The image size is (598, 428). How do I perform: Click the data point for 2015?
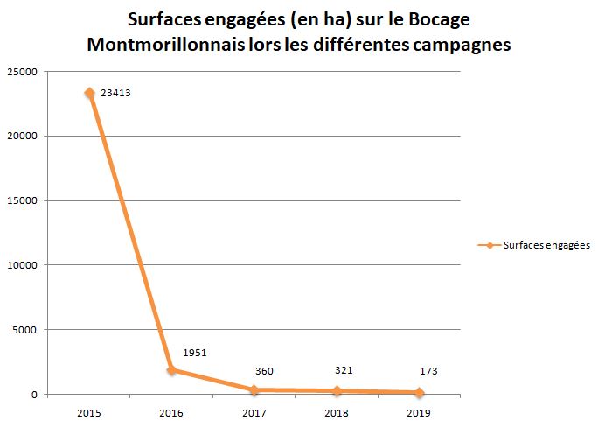tap(89, 93)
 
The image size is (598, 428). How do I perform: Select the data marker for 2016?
tap(171, 369)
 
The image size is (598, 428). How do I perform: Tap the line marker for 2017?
tap(254, 389)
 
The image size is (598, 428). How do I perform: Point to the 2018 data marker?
tap(337, 390)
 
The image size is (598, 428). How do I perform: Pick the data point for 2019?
tap(420, 392)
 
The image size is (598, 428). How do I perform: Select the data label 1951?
tap(195, 353)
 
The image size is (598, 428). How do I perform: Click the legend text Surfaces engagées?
tap(547, 246)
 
